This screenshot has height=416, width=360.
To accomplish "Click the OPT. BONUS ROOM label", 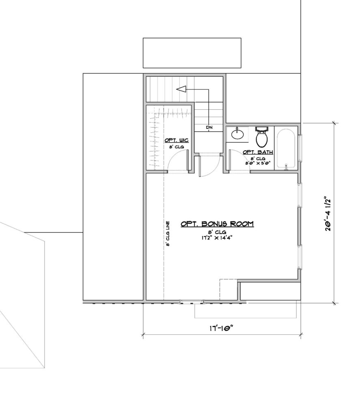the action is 217,224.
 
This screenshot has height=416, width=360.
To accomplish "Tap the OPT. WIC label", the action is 177,140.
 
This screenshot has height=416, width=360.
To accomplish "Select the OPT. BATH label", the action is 258,152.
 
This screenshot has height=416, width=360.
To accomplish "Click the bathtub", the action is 286,149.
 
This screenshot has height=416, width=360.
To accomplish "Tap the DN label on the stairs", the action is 209,128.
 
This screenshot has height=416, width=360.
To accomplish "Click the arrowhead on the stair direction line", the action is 181,89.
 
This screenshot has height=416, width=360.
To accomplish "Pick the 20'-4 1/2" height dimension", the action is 328,214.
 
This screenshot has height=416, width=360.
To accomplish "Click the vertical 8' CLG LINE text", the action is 168,234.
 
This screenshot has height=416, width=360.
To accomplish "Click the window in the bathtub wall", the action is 300,148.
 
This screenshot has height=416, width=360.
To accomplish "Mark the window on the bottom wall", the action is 192,302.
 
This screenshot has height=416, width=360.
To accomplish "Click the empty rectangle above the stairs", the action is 192,53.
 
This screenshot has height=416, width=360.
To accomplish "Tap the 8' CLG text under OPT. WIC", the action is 177,147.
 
